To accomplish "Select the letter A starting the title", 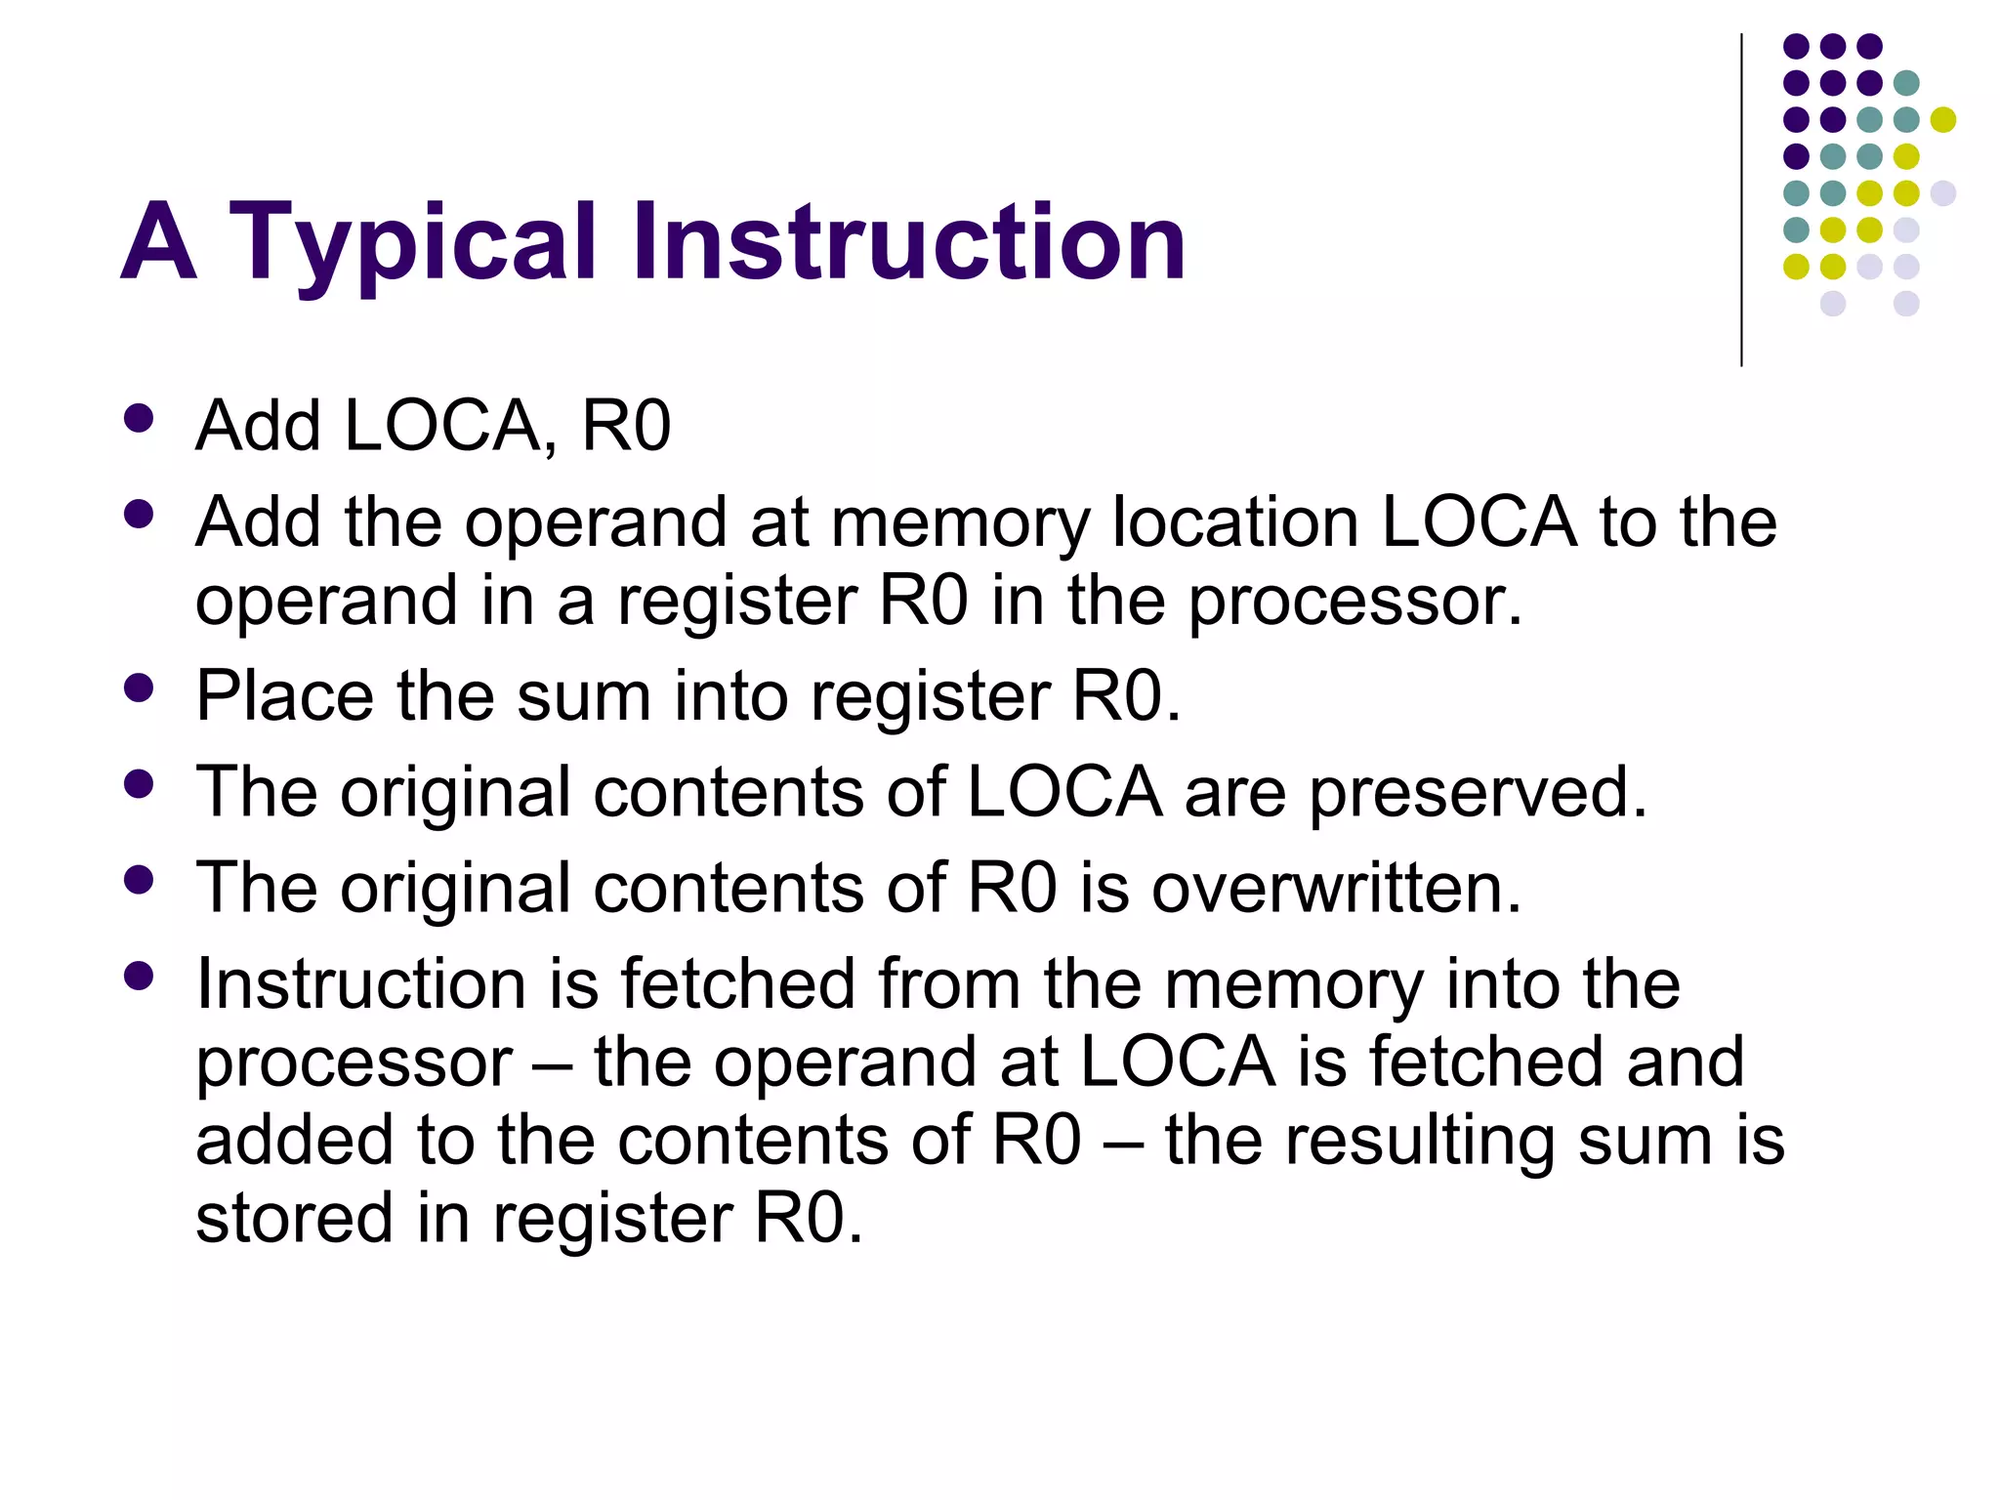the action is coord(158,242).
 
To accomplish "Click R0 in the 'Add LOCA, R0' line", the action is coord(626,426).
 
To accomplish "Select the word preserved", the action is coord(1478,792).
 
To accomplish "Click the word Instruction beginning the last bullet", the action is coord(361,983).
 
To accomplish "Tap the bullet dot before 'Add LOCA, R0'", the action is coord(140,418).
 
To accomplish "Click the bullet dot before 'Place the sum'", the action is coord(140,688).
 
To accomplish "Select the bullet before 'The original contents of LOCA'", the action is coord(140,784).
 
